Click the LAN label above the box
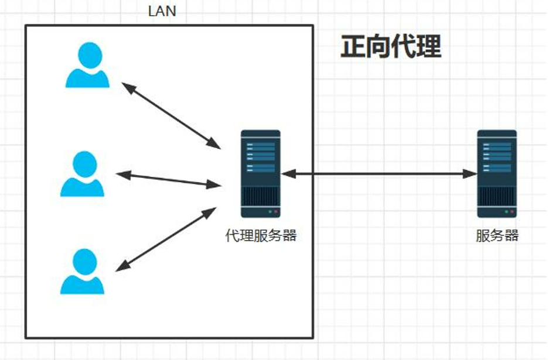162,12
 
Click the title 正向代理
391,47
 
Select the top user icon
87,66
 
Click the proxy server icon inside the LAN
261,174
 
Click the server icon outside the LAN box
497,174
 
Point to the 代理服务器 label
261,236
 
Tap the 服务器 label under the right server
497,236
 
